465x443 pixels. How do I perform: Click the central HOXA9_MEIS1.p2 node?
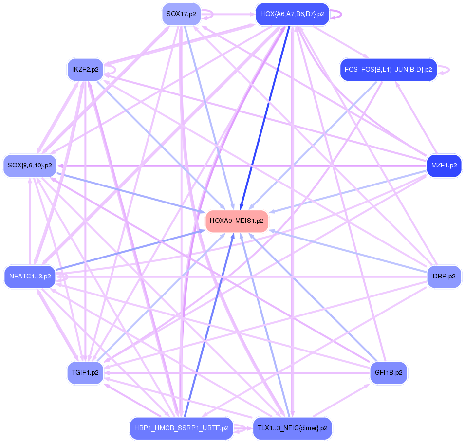coord(237,221)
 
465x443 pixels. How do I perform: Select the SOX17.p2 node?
coord(181,14)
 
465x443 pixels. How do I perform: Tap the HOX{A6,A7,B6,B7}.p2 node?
coord(292,14)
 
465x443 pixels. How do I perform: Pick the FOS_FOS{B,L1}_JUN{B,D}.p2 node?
coord(388,70)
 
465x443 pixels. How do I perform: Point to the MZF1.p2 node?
coord(444,166)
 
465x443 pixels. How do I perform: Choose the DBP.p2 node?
coord(444,277)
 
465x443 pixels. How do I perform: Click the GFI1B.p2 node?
coord(388,373)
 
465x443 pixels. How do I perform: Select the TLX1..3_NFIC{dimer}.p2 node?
coord(292,428)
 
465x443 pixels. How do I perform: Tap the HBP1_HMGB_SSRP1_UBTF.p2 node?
coord(181,428)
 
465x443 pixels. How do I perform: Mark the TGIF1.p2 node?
coord(85,373)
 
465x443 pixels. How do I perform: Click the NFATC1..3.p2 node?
coord(30,277)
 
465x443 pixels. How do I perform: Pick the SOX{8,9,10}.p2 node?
coord(30,166)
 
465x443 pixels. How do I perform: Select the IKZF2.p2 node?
coord(85,70)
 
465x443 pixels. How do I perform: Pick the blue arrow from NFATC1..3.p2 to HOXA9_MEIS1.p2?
coord(131,249)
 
